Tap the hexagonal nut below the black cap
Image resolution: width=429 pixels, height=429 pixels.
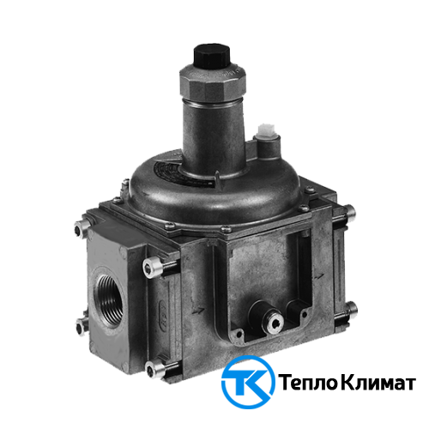pos(213,83)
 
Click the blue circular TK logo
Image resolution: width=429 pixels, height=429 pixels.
pos(248,382)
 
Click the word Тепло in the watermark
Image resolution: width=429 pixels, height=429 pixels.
pos(309,383)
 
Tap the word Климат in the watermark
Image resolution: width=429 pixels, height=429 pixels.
pos(378,383)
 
